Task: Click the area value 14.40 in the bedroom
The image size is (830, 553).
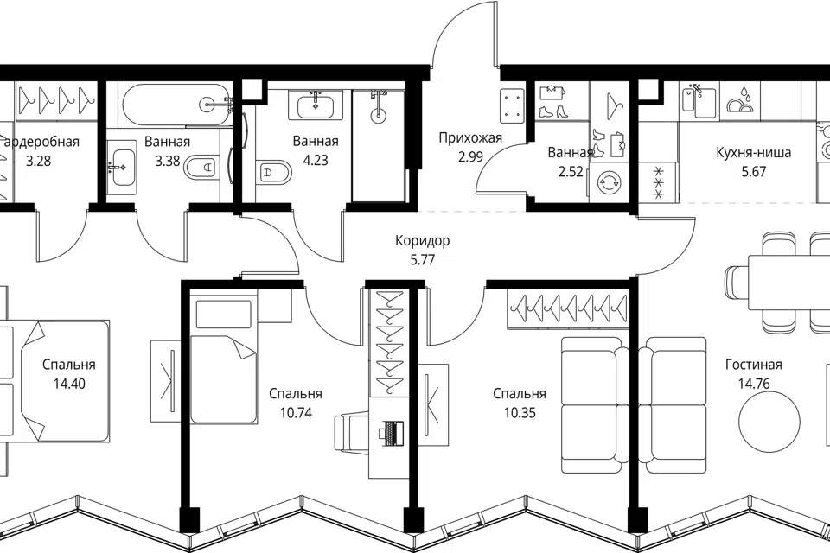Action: pyautogui.click(x=69, y=384)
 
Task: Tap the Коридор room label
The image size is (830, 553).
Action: pyautogui.click(x=423, y=241)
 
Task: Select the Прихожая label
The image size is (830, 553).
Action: pyautogui.click(x=470, y=138)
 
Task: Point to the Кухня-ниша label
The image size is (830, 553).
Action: pyautogui.click(x=754, y=153)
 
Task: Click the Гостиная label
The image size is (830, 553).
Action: pyautogui.click(x=754, y=365)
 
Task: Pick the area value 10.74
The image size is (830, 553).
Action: pyautogui.click(x=296, y=413)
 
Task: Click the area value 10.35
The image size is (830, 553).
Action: pyautogui.click(x=520, y=413)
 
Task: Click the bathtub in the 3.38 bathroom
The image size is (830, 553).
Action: pyautogui.click(x=175, y=105)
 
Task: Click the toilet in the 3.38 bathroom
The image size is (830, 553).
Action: pyautogui.click(x=201, y=168)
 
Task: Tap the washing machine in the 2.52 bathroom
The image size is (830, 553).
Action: pyautogui.click(x=608, y=182)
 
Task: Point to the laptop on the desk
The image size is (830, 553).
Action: pyautogui.click(x=391, y=431)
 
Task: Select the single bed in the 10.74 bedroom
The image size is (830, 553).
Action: pyautogui.click(x=223, y=360)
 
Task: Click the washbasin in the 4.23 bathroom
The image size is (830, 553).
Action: pyautogui.click(x=316, y=105)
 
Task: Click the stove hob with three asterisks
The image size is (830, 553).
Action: pyautogui.click(x=659, y=182)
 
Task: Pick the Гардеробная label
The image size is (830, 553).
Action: pyautogui.click(x=40, y=142)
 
